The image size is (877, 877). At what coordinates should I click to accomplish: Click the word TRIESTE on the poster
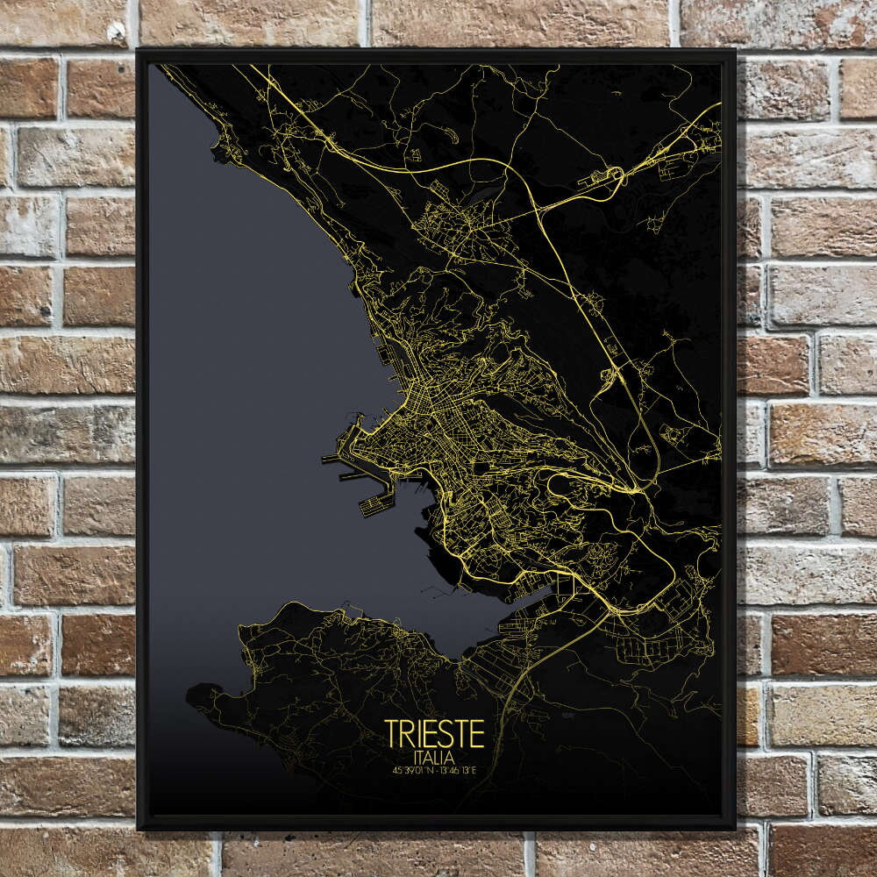[434, 734]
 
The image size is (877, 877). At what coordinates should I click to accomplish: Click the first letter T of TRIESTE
[391, 734]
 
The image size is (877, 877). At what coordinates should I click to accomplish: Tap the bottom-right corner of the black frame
[735, 828]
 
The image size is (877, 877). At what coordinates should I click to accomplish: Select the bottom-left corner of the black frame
[139, 828]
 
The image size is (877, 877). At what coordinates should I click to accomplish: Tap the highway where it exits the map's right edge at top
[719, 104]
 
